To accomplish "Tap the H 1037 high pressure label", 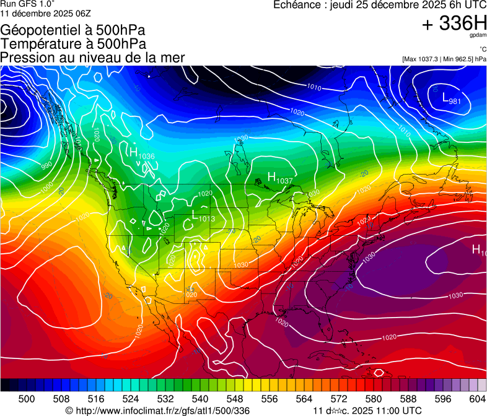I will pos(279,178).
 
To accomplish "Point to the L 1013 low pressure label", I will pos(203,216).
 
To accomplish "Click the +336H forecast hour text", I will pos(454,24).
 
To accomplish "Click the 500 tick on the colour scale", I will pos(27,399).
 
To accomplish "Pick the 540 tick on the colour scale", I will pos(200,399).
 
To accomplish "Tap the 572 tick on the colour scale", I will pos(339,399).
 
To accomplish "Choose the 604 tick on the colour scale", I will pos(477,399).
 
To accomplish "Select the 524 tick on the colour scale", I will pos(131,399).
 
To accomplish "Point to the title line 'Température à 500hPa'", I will pos(73,44).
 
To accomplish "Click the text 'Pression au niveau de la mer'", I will pos(92,58).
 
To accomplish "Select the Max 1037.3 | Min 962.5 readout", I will pos(444,59).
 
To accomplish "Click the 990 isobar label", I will pos(47,166).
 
